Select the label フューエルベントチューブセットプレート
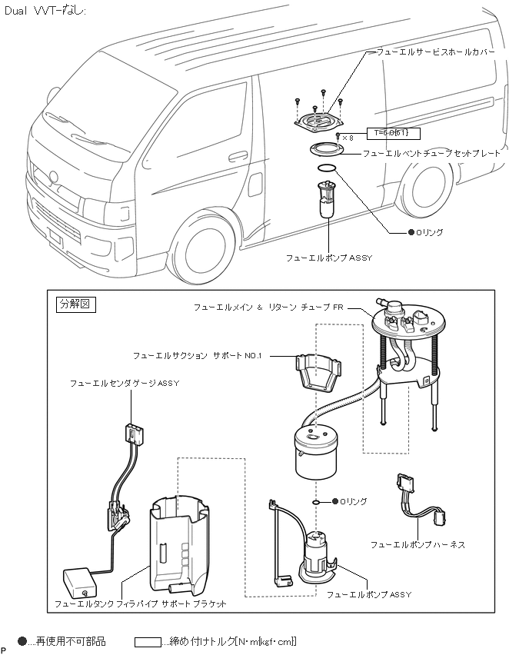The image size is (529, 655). (x=431, y=153)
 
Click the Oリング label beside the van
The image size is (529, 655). (x=429, y=231)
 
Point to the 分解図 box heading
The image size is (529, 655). (x=75, y=304)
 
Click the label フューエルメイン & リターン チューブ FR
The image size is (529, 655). (x=268, y=307)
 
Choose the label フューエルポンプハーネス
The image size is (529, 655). (x=418, y=544)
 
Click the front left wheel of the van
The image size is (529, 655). (x=202, y=248)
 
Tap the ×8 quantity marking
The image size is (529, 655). (x=348, y=138)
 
